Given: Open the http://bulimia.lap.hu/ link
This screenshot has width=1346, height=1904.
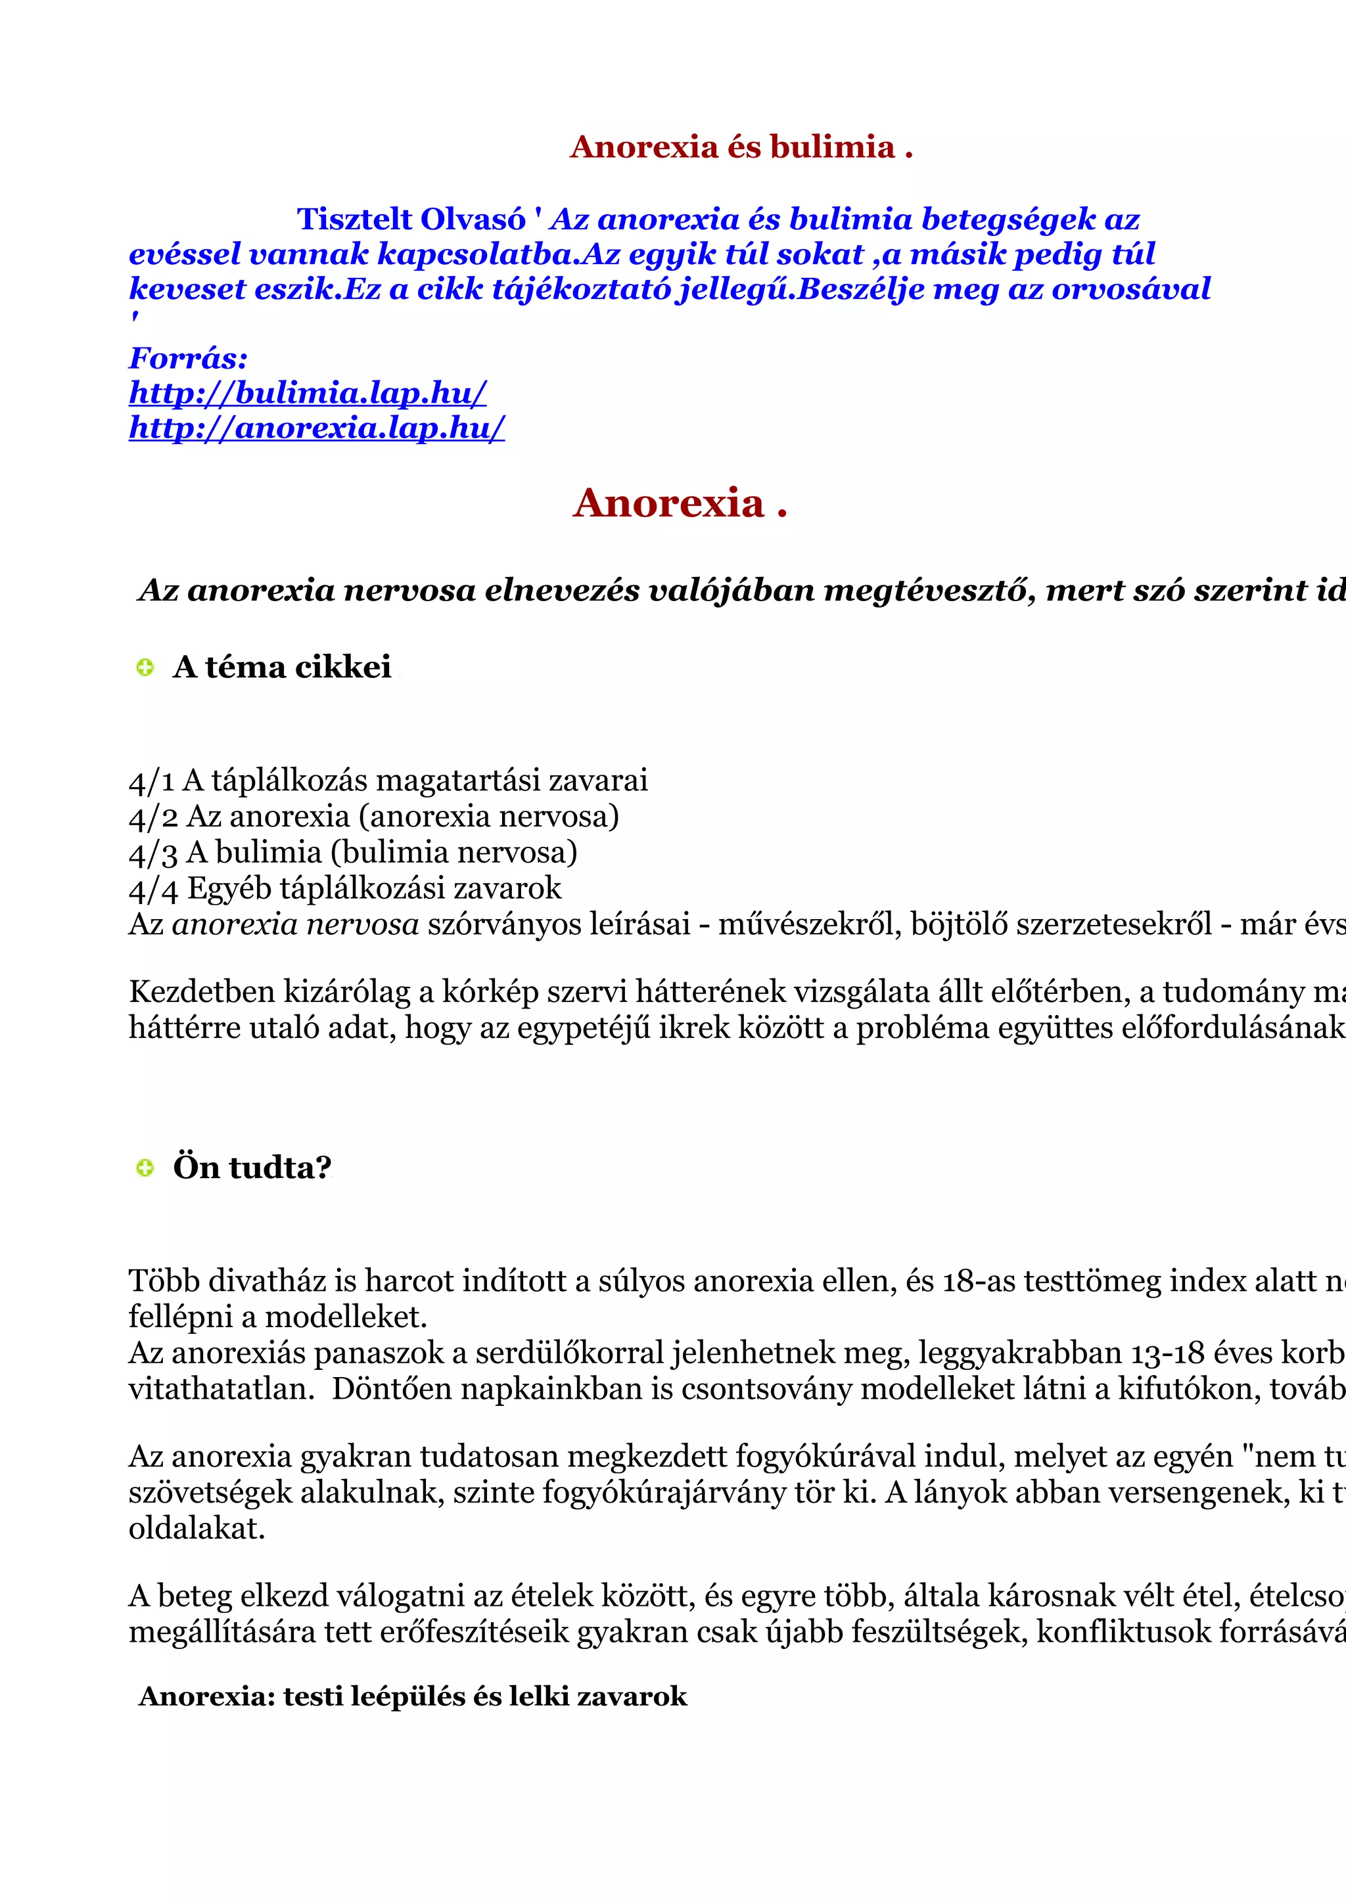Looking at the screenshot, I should (307, 392).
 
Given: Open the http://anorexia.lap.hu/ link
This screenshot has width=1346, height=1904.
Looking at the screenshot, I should (316, 427).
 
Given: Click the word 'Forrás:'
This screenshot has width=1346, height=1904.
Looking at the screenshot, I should (188, 358).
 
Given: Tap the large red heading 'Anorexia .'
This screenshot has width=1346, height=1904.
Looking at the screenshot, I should (679, 503).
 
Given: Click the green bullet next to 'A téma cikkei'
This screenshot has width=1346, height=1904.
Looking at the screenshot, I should (145, 667).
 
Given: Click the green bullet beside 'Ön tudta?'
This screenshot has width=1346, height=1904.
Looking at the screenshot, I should (145, 1167).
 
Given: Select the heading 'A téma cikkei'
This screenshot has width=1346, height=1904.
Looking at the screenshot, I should (282, 667).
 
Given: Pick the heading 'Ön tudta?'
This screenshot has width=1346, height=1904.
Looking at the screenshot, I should (252, 1167).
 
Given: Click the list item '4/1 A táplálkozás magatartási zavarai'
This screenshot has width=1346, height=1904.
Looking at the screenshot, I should (388, 781).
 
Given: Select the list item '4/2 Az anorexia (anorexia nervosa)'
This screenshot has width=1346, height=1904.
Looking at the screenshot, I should (374, 817).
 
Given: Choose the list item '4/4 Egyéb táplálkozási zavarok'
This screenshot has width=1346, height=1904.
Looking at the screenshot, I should (345, 888).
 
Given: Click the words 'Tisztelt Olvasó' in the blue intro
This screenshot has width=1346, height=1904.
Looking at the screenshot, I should (411, 219).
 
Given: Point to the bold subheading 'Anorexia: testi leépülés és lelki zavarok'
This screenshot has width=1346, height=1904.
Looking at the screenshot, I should (413, 1696).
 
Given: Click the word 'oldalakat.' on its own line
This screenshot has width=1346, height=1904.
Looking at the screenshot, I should (197, 1528).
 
